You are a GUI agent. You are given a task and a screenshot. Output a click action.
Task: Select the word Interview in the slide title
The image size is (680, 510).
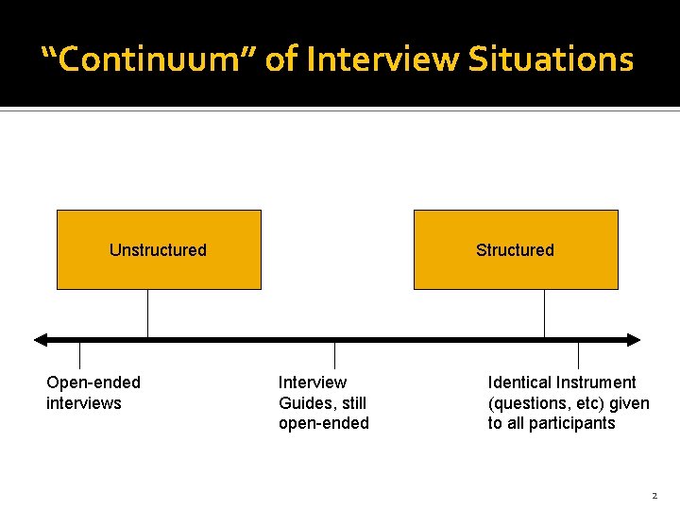[380, 59]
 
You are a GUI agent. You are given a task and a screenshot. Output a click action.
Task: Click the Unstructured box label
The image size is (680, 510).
[158, 250]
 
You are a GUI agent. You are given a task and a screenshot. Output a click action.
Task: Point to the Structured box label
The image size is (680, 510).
[515, 250]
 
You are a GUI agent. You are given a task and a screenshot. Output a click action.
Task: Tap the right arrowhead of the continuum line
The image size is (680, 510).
[633, 340]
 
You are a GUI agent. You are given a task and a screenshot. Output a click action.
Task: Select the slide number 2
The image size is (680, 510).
[654, 495]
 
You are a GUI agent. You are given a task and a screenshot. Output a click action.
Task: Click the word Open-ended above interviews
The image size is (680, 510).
[93, 382]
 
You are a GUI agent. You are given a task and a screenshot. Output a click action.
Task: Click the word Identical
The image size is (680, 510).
[518, 382]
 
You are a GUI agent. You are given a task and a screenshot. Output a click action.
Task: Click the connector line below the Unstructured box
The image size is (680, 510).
[147, 313]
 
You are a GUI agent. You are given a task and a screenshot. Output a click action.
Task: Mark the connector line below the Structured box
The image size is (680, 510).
[544, 313]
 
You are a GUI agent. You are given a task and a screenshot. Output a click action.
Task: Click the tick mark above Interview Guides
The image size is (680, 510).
[334, 355]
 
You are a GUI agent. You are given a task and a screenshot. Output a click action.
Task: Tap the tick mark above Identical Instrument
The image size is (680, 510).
[578, 355]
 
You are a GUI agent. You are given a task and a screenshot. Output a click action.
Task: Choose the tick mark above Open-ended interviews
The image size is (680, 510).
[79, 355]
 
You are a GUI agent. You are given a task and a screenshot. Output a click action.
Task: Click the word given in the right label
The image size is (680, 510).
[630, 403]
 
